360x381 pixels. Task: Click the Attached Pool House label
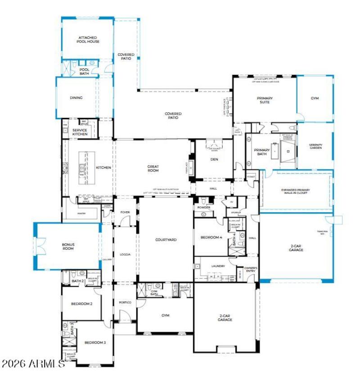[89, 40]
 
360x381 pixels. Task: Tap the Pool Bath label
[84, 72]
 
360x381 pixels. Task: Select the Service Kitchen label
[80, 132]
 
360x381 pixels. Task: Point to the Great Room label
[153, 168]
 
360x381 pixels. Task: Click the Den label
[214, 159]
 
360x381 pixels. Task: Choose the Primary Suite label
[265, 100]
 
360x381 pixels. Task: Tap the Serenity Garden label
[315, 146]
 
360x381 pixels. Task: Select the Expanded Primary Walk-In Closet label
[296, 192]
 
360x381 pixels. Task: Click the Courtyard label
[166, 240]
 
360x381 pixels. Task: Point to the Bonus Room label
[68, 247]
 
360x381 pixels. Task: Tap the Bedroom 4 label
[211, 237]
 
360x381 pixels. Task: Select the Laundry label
[218, 266]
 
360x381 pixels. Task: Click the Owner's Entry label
[251, 269]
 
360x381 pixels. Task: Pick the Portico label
[125, 302]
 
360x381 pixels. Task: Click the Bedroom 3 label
[95, 343]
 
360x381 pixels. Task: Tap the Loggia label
[125, 255]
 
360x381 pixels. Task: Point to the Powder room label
[203, 207]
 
